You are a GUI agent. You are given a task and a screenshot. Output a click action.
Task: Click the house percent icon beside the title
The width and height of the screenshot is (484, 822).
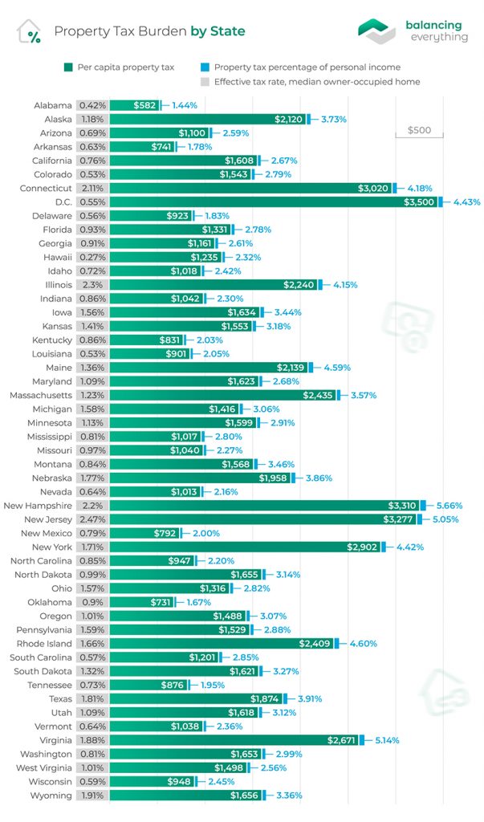(30, 31)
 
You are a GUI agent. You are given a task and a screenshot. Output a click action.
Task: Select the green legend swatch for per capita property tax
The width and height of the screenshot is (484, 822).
(69, 67)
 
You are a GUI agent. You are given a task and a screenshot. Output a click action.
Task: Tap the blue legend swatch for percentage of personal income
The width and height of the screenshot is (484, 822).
(206, 67)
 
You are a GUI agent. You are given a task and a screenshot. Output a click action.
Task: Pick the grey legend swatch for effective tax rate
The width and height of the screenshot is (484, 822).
(206, 81)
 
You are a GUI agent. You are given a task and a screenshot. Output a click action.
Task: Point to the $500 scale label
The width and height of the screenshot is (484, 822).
(419, 130)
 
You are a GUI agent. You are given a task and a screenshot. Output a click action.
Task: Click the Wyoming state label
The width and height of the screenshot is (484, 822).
(52, 796)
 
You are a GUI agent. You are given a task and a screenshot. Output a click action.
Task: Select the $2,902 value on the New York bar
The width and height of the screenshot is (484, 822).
(364, 547)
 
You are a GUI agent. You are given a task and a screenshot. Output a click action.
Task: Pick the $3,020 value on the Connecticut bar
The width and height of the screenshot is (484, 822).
(373, 188)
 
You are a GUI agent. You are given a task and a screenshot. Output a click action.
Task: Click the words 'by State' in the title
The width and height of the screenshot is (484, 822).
(218, 31)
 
